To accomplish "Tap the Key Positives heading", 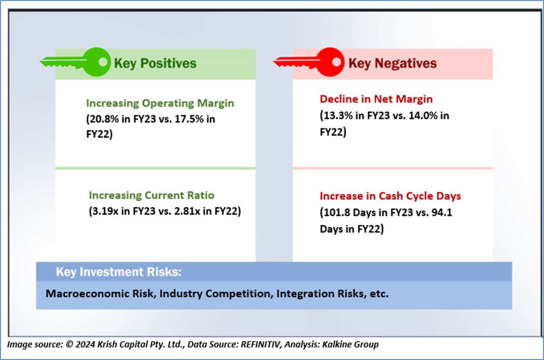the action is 155,63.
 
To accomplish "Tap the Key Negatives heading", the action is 392,63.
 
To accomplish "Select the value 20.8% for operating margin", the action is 102,119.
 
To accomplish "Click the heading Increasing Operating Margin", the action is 160,103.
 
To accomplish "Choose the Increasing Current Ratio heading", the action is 152,195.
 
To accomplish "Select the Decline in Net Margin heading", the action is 376,99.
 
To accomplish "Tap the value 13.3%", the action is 338,116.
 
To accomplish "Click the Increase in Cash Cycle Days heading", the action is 390,196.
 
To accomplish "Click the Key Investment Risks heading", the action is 119,272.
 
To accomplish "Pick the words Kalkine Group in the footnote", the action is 350,345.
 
